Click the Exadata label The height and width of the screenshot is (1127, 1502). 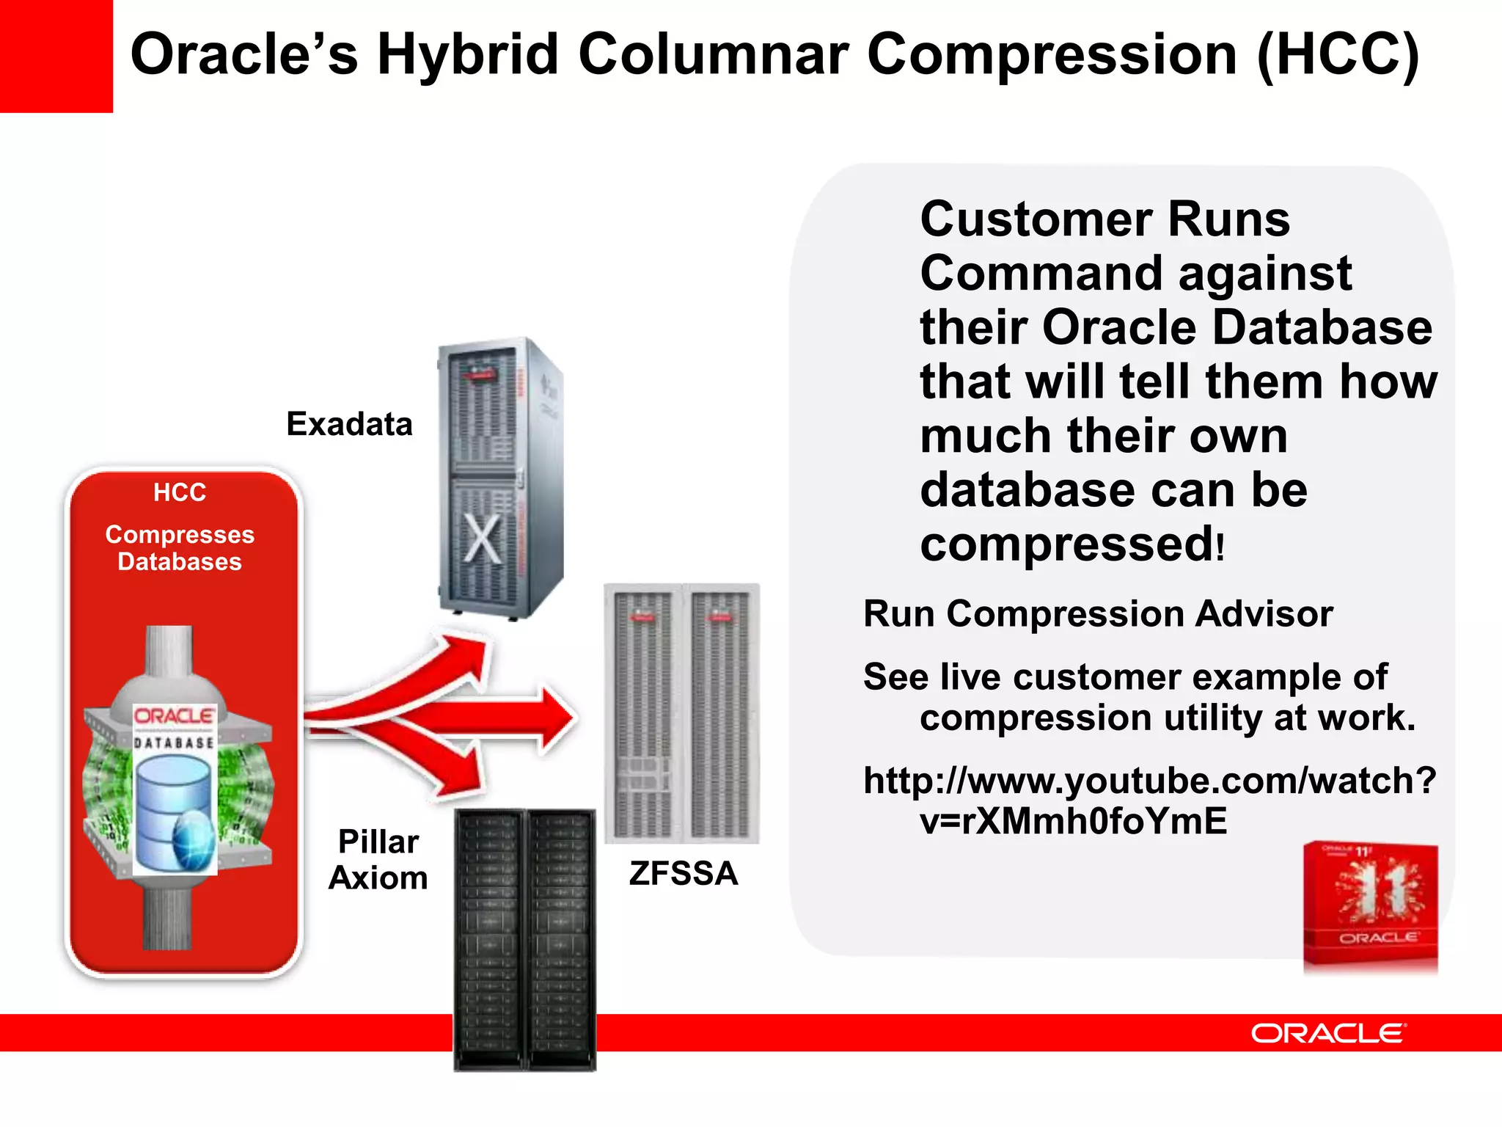(349, 424)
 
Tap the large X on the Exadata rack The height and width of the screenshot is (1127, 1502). (483, 540)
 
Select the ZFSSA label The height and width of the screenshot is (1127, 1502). (683, 873)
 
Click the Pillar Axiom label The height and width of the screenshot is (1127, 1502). (378, 859)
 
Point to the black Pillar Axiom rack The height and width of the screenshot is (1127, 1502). (524, 939)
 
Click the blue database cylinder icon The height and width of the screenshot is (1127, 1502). (175, 811)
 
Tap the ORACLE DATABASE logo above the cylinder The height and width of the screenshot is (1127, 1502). (175, 726)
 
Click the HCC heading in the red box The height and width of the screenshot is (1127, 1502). (180, 492)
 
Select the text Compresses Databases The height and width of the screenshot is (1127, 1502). (180, 547)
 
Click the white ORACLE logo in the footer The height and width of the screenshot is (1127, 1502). (1328, 1033)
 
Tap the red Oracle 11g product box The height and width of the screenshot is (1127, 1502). (1370, 907)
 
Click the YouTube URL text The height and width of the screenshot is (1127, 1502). (1149, 800)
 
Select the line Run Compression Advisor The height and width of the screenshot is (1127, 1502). (1097, 613)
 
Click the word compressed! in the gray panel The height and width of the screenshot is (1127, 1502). (1071, 544)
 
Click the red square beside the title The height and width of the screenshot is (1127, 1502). (56, 56)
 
